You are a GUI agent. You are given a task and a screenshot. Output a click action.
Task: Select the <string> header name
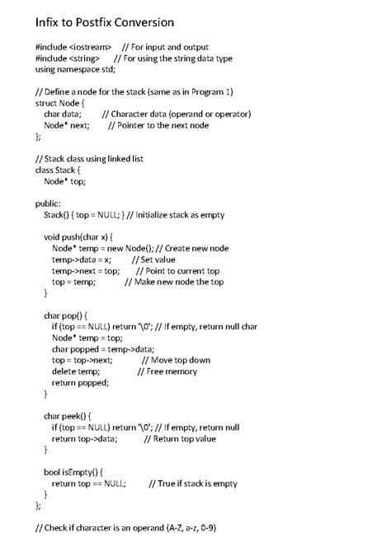(85, 58)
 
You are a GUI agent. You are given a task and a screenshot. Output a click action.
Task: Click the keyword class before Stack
(46, 170)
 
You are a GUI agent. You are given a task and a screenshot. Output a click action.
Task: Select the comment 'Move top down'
(176, 360)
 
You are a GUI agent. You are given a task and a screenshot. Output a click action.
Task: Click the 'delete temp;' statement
(75, 371)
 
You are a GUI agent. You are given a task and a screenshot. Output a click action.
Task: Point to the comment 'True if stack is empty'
(193, 483)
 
